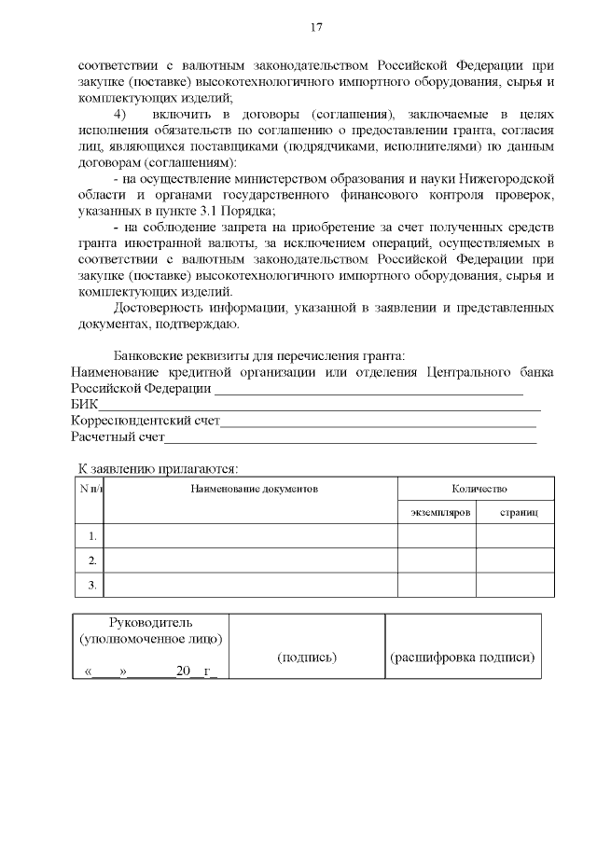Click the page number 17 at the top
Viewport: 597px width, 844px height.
pyautogui.click(x=316, y=27)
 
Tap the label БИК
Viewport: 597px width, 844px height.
pyautogui.click(x=84, y=405)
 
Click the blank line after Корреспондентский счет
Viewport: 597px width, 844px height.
pyautogui.click(x=378, y=421)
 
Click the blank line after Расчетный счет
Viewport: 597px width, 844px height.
pyautogui.click(x=350, y=436)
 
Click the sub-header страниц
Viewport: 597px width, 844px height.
pyautogui.click(x=516, y=513)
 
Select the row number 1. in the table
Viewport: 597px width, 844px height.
pyautogui.click(x=91, y=536)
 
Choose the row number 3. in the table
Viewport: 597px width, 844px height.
pyautogui.click(x=91, y=585)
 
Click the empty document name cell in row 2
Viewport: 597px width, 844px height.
pyautogui.click(x=250, y=560)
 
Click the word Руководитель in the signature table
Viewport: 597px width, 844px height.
pyautogui.click(x=150, y=622)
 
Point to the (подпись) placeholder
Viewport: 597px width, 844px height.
pyautogui.click(x=307, y=657)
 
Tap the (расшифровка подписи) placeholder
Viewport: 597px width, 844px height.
pyautogui.click(x=462, y=657)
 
